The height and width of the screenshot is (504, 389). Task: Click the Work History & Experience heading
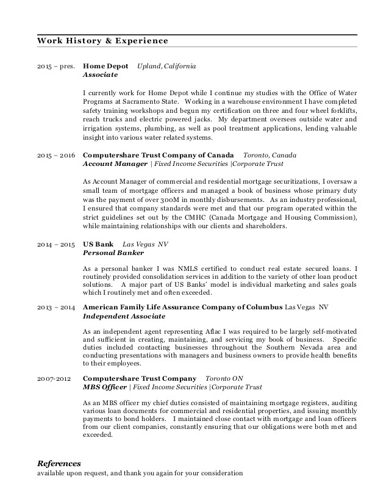tap(102, 41)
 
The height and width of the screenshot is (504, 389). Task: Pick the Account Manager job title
tap(115, 164)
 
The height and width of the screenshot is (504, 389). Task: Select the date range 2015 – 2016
tap(55, 156)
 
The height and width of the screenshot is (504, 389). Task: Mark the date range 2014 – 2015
tap(55, 243)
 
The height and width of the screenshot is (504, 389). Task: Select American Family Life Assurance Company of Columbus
tap(182, 308)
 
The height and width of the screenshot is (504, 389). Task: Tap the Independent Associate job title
tap(124, 317)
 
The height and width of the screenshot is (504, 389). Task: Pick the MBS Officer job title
tap(104, 387)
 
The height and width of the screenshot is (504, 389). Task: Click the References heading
tap(59, 463)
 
